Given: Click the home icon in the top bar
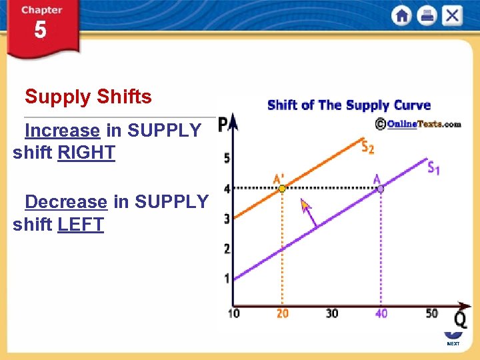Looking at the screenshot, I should click(x=401, y=15).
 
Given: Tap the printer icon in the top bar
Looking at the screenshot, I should click(x=427, y=15).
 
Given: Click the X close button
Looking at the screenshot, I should click(x=452, y=15).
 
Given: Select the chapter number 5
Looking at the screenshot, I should click(x=41, y=31).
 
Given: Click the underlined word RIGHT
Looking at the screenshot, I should click(x=87, y=153).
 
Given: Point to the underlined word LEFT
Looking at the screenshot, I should click(x=81, y=225).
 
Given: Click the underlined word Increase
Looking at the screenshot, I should click(x=62, y=130).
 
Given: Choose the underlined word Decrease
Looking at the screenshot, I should click(x=66, y=202).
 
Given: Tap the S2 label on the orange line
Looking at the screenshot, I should click(x=367, y=147).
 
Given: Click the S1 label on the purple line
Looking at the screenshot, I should click(x=433, y=168).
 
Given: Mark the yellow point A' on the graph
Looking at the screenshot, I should click(x=282, y=189).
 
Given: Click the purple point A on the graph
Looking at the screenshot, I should click(x=380, y=189).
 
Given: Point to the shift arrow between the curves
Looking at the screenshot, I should click(x=308, y=214).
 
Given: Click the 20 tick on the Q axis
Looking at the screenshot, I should click(x=283, y=313).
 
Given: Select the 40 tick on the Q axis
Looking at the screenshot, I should click(x=381, y=313).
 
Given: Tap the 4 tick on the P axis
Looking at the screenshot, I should click(x=227, y=189).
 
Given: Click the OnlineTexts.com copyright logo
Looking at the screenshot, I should click(x=418, y=123).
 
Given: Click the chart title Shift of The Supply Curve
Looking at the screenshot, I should click(x=349, y=105).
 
